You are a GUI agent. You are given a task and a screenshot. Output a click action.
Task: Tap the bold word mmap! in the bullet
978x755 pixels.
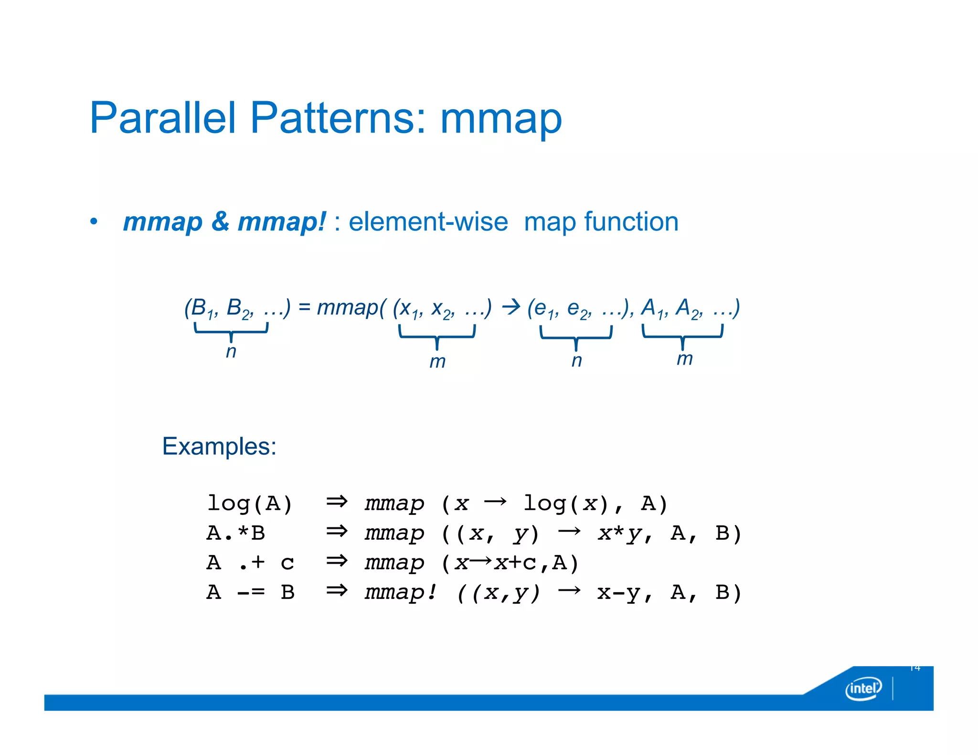(282, 222)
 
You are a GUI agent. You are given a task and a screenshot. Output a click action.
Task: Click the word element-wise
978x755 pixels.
(428, 222)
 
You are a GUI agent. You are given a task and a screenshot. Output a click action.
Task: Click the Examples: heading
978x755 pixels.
(219, 447)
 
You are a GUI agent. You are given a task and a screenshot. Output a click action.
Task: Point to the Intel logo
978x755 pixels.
(863, 688)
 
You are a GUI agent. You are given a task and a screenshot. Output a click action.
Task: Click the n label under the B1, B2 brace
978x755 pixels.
(231, 352)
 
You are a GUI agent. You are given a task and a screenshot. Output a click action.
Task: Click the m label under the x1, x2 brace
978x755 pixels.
(437, 362)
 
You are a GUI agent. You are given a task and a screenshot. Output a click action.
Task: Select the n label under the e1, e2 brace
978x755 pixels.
(577, 360)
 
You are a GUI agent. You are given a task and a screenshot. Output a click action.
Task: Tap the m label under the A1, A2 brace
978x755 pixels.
(684, 358)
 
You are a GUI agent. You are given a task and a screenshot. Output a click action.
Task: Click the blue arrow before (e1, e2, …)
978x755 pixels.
(511, 307)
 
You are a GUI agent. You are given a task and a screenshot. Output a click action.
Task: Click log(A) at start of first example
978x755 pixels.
(249, 503)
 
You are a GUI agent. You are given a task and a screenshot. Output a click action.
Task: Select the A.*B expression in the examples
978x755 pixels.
(236, 533)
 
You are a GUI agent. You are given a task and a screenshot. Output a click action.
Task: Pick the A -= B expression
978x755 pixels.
(250, 592)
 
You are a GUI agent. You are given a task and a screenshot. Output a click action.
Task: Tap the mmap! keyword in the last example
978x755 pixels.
(400, 592)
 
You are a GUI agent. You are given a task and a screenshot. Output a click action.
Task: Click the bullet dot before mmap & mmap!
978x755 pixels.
(94, 222)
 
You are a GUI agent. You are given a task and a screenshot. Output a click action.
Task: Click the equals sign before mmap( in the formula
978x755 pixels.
(304, 307)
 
